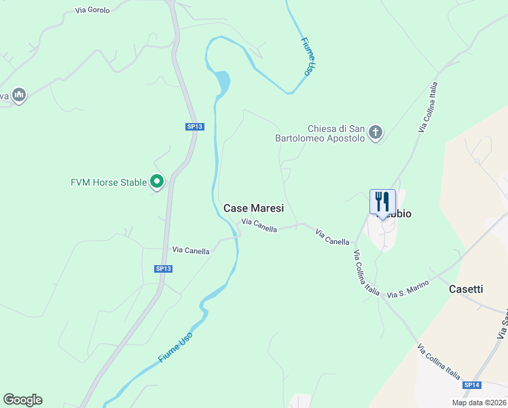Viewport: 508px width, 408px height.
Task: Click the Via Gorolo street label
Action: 92,10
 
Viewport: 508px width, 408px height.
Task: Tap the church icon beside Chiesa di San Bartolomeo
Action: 376,133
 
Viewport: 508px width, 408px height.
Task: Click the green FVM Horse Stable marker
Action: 157,182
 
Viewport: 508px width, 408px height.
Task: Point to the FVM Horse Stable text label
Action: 109,182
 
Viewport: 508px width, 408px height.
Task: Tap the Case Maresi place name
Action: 253,209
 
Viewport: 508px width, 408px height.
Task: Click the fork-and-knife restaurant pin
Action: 382,203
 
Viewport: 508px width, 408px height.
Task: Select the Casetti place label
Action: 466,289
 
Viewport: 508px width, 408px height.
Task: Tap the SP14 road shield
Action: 472,385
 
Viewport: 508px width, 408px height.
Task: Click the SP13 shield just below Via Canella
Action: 164,269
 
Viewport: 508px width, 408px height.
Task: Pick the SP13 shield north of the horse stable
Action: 195,126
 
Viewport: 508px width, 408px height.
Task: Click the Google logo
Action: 22,400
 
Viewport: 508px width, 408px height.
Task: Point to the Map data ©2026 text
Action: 479,403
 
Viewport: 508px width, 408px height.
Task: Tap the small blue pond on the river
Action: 222,82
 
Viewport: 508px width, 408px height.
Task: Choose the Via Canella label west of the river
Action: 191,250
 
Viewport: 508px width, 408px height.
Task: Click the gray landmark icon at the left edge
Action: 19,96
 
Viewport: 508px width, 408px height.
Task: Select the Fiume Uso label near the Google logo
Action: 176,347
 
